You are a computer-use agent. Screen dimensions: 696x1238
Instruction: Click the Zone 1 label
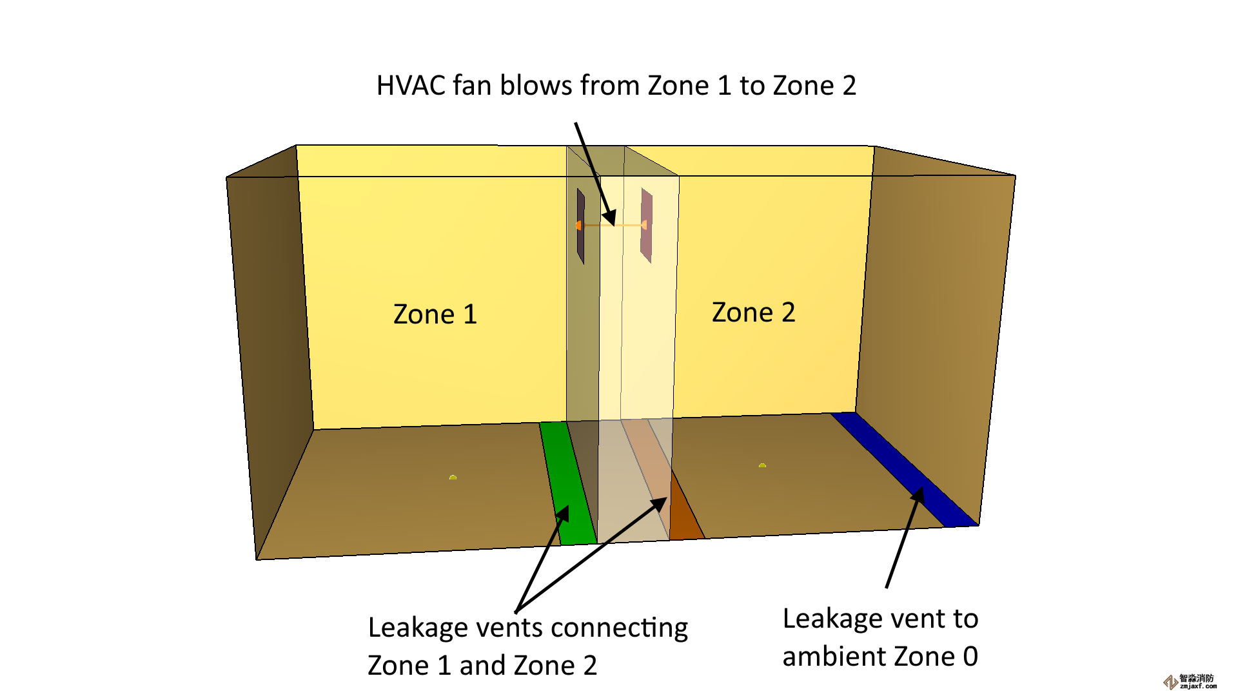(x=435, y=314)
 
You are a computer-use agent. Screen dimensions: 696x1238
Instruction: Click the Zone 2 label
(x=753, y=313)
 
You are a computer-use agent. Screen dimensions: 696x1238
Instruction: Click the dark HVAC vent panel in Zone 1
(x=581, y=226)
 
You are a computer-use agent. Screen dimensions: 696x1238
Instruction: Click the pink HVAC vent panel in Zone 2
(x=647, y=226)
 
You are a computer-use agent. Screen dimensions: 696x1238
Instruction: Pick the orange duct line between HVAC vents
(x=613, y=225)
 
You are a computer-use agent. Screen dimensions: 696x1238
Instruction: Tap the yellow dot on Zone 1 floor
(x=453, y=478)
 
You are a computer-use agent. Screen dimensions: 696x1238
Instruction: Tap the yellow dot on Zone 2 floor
(x=762, y=465)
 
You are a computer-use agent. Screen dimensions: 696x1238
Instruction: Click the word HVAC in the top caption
(x=410, y=86)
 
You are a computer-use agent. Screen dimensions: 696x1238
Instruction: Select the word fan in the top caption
(x=472, y=86)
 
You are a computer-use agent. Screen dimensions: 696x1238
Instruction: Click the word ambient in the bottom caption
(x=836, y=657)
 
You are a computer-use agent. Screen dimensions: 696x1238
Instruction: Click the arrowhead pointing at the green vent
(x=564, y=514)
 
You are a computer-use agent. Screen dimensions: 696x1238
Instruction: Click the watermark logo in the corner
(x=1170, y=682)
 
